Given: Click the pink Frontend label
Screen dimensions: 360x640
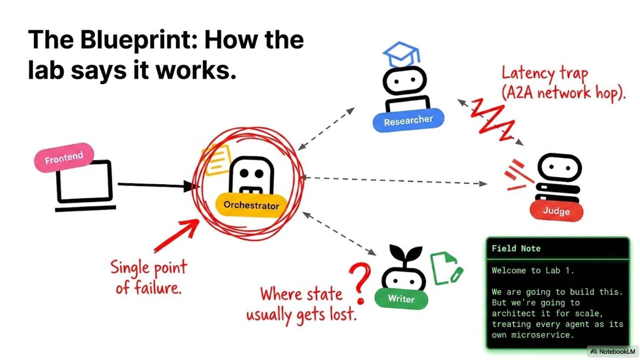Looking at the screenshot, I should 64,158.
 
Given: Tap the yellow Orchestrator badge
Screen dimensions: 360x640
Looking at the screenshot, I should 251,205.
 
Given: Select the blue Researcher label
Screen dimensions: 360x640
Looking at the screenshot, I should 408,120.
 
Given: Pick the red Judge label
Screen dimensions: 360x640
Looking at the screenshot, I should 556,211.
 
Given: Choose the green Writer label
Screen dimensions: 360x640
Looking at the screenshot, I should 401,298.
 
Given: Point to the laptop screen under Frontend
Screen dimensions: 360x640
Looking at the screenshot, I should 84,181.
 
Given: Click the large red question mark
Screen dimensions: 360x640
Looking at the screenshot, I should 361,282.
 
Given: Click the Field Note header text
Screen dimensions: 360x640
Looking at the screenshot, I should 516,249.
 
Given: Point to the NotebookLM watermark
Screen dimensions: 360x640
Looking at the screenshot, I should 613,352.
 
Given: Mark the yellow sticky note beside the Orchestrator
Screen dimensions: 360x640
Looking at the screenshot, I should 217,160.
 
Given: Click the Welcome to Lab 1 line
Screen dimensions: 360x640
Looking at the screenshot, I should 533,270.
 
